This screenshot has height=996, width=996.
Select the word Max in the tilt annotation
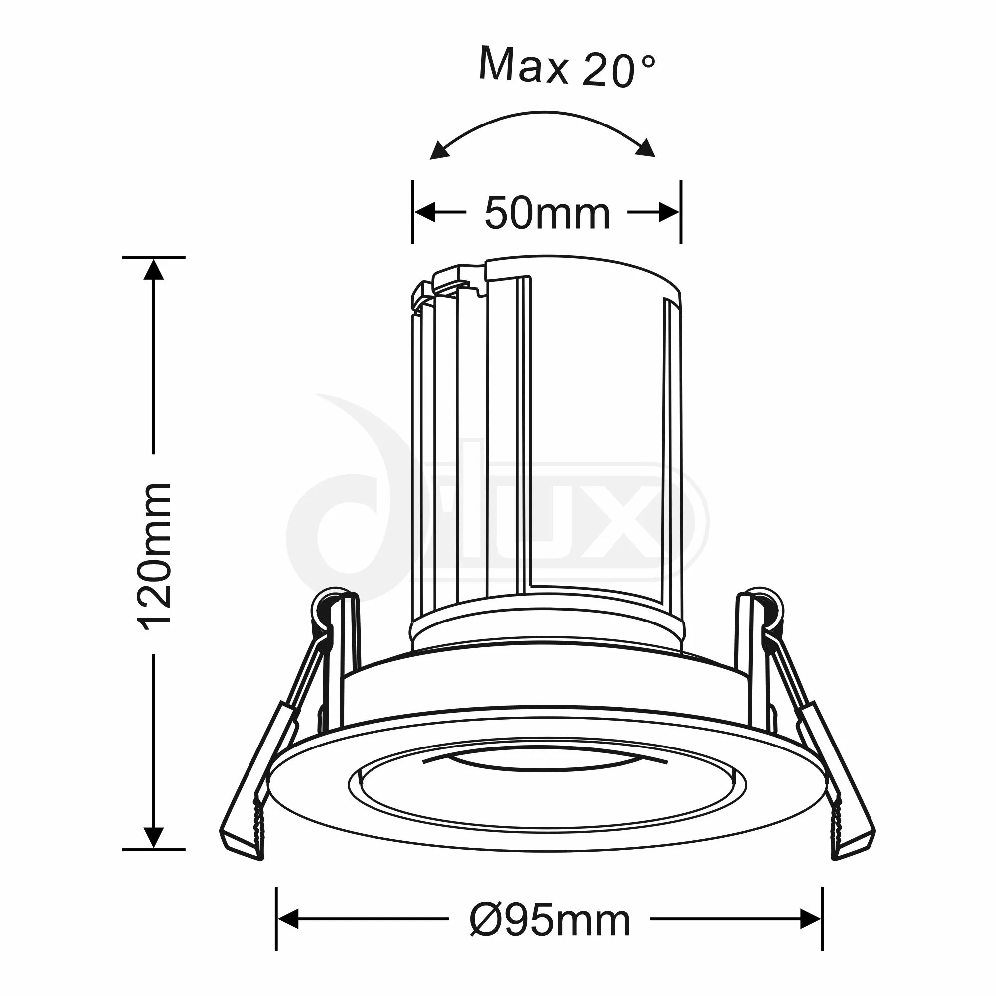coord(523,66)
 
